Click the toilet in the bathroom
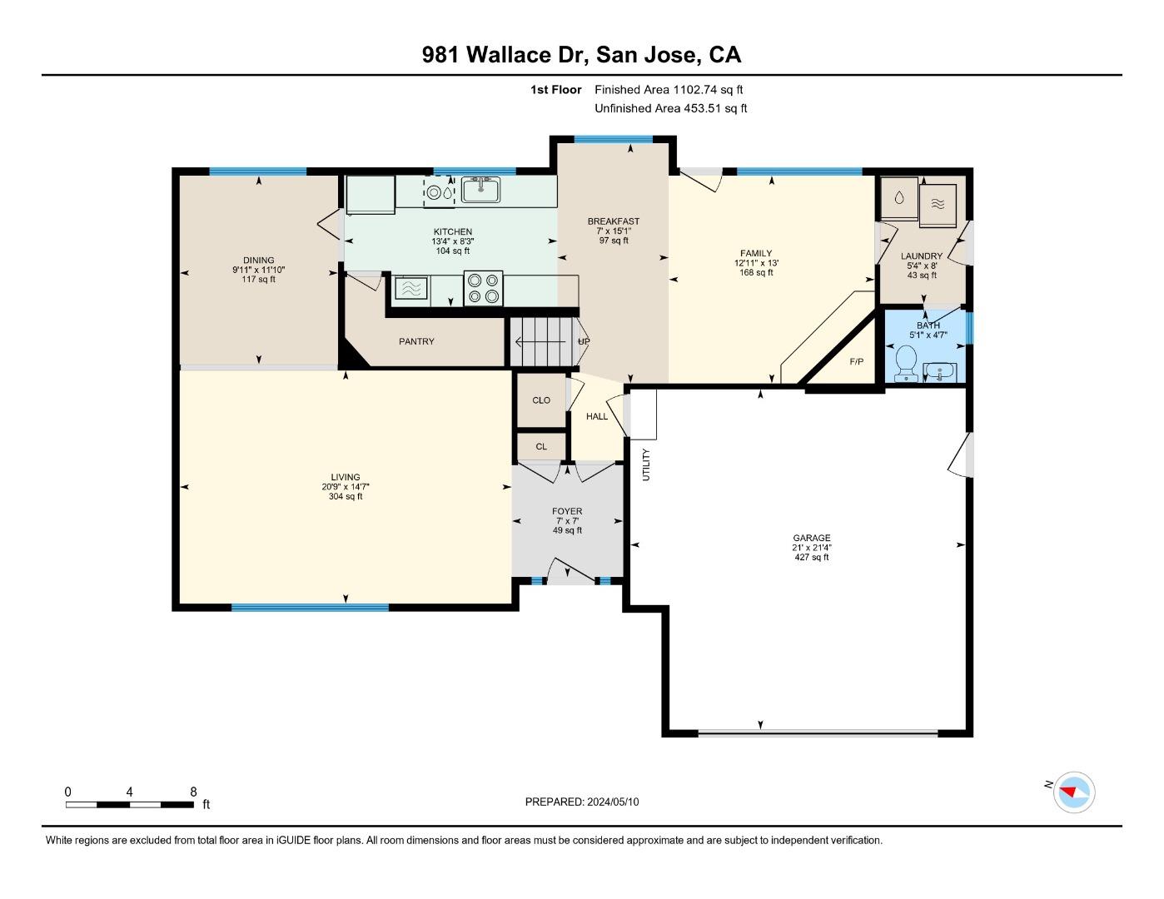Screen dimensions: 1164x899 [906, 362]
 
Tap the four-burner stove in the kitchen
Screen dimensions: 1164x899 [483, 288]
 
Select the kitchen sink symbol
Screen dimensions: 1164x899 [480, 190]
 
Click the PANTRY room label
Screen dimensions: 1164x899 [416, 341]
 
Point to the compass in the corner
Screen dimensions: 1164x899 [1073, 792]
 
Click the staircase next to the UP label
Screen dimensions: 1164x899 [542, 341]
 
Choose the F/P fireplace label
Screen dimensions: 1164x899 [857, 361]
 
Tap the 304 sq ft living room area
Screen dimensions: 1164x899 [346, 496]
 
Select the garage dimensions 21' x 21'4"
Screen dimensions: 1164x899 [812, 547]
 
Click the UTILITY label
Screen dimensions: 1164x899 [646, 464]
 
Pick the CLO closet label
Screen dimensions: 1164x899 [541, 400]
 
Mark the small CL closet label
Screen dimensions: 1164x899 [541, 446]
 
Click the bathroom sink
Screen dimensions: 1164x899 [939, 371]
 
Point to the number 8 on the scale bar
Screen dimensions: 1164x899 [193, 792]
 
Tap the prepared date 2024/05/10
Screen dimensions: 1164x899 [613, 802]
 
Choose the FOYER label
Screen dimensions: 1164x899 [567, 511]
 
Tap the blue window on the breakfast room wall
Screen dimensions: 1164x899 [614, 139]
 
